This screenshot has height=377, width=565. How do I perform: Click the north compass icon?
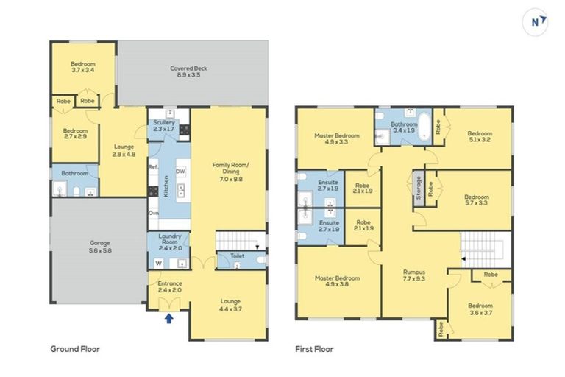point(539,22)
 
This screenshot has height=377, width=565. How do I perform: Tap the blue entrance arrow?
point(170,318)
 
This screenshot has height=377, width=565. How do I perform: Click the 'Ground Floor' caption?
point(75,349)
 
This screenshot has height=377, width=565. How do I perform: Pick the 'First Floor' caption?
point(315,349)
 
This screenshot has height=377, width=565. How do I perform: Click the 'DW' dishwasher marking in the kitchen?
point(180,171)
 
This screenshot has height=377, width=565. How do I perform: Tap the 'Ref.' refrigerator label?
point(153,167)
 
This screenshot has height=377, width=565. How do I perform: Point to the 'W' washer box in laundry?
point(158,263)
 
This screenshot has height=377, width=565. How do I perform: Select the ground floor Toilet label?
point(237,256)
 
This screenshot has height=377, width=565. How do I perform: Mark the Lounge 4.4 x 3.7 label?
point(230,305)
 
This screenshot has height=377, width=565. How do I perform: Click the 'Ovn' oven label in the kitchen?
point(153,213)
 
